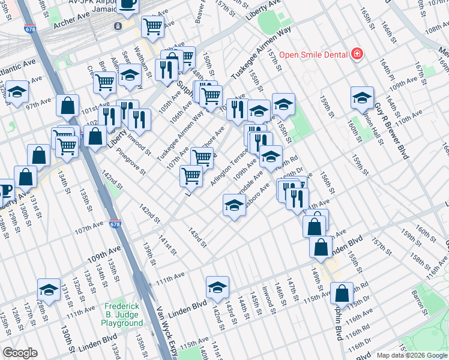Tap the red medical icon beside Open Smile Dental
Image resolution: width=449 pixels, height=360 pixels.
coord(357,54)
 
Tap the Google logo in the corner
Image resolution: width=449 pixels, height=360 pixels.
coord(20,353)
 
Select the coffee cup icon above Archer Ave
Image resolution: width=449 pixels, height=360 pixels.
coord(128,5)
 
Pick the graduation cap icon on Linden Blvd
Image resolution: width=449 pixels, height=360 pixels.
coord(218,287)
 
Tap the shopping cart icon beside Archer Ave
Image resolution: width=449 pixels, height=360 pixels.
coord(152,26)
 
